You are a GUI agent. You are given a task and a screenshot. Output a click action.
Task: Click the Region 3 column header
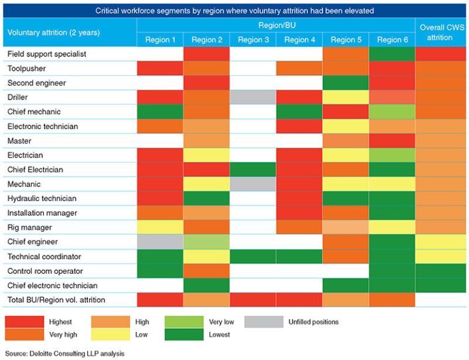coord(253,40)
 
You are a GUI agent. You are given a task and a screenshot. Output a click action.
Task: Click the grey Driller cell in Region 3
coord(253,97)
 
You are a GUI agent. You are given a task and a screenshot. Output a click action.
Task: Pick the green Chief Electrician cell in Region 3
coord(253,169)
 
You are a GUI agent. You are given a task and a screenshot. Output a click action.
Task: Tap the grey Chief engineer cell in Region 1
coord(159,242)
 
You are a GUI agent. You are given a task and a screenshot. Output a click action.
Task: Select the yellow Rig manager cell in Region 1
coord(159,227)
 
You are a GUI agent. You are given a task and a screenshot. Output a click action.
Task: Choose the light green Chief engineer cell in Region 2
coord(206,242)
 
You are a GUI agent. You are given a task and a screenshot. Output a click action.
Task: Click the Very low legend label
coord(222,321)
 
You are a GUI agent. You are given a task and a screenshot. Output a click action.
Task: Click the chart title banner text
coord(235,10)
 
